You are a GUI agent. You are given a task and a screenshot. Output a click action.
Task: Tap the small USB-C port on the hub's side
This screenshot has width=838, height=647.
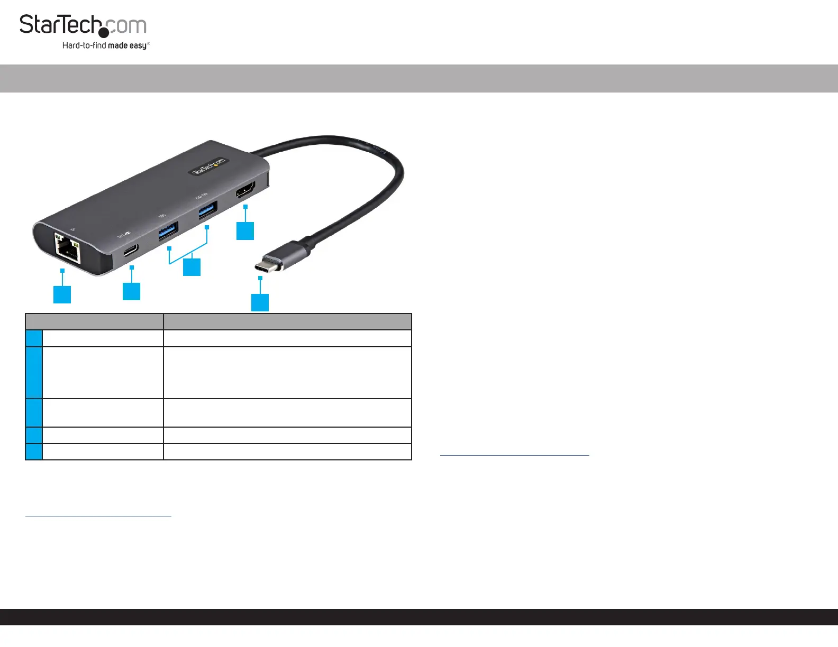pos(131,249)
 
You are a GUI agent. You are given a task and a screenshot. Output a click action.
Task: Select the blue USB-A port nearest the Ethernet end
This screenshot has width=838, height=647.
pos(168,231)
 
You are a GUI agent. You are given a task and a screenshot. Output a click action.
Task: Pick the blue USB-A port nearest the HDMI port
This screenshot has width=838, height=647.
pos(208,211)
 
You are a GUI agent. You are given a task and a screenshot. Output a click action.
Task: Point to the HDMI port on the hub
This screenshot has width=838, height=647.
pos(246,190)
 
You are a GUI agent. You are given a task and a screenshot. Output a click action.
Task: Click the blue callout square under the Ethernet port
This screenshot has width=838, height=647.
pos(62,294)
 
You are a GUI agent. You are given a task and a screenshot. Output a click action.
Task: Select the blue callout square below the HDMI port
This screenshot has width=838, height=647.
pos(245,231)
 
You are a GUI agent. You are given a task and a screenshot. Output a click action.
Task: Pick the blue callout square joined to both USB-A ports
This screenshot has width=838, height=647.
pos(192,267)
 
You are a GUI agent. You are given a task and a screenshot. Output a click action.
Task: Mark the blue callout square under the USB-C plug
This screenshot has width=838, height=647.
pos(260,302)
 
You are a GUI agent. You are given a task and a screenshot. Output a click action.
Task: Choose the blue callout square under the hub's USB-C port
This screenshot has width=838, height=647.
pos(131,291)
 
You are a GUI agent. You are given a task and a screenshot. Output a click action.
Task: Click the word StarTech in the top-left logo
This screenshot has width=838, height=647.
pos(60,25)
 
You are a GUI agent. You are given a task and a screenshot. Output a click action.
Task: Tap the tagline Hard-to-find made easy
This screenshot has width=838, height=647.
pos(105,45)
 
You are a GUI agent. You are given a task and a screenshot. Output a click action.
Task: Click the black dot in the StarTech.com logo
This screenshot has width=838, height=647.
pos(104,33)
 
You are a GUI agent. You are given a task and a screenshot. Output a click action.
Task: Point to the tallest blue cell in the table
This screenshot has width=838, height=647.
pos(34,373)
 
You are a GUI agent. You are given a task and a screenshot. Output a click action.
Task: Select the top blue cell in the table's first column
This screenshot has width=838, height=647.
pos(34,338)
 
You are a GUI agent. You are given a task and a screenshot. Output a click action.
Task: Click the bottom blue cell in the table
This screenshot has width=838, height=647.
pos(34,452)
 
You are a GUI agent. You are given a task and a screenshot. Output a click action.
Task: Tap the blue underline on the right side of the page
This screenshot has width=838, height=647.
pos(514,455)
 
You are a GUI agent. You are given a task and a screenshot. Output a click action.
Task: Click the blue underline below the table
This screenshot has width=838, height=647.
pos(98,515)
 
